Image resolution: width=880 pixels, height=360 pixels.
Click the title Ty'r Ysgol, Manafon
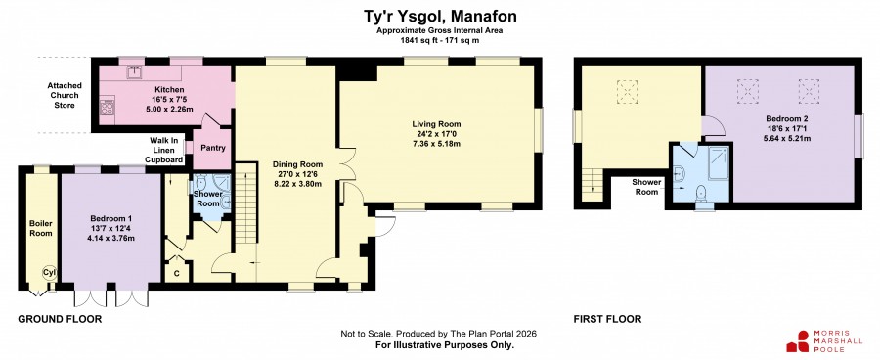click(x=439, y=16)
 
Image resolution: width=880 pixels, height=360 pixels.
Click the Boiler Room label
click(x=41, y=228)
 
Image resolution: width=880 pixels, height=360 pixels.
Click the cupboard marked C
click(x=177, y=272)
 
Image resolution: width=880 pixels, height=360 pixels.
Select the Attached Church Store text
click(x=64, y=96)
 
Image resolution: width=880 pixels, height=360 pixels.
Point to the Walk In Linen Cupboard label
click(x=164, y=150)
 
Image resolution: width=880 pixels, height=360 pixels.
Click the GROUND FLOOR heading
click(x=60, y=320)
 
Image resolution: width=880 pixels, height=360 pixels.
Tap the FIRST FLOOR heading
click(x=607, y=320)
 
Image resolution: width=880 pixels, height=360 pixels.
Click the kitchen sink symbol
click(x=134, y=72)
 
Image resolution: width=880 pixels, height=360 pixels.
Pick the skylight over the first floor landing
click(x=628, y=92)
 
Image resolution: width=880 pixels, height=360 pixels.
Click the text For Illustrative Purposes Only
click(x=445, y=345)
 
